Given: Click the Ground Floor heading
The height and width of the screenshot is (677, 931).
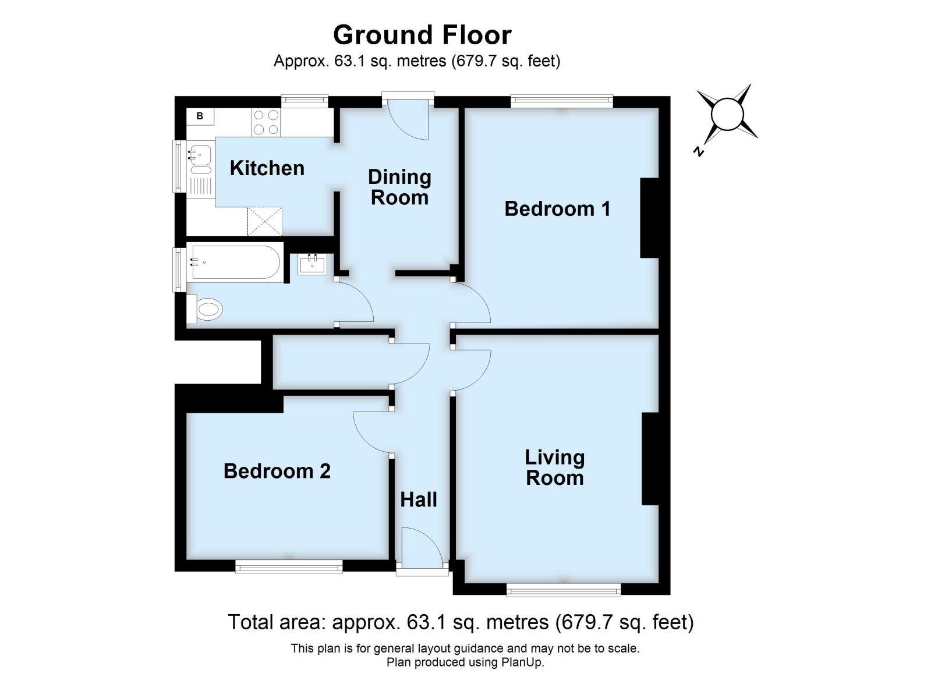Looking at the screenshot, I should (422, 35).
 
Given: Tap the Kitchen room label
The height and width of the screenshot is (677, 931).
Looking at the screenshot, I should (267, 168).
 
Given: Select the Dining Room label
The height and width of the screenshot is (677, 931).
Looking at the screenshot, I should (399, 187).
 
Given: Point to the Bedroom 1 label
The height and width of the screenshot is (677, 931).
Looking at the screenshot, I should (557, 208).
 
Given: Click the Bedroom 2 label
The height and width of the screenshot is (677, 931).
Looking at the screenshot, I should (277, 471).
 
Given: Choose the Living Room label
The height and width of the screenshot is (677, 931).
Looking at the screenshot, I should (554, 467).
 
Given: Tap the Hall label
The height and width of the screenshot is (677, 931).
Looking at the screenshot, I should (418, 499).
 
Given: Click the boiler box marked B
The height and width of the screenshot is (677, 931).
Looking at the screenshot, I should (200, 116).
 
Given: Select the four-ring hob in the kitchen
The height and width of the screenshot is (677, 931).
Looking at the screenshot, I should (266, 123).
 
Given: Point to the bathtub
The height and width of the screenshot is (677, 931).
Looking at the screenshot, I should (235, 263).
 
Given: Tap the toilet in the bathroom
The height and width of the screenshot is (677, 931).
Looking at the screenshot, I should (207, 309).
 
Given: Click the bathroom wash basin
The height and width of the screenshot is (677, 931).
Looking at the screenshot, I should (313, 264).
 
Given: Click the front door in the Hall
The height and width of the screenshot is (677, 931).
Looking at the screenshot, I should (422, 547).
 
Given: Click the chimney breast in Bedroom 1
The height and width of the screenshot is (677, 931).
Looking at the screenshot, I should (649, 218).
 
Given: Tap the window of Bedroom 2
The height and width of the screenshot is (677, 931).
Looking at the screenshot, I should (289, 566).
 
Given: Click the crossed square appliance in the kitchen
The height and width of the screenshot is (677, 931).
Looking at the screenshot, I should (264, 221).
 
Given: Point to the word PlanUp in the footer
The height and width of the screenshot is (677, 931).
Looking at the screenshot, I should (522, 662).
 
